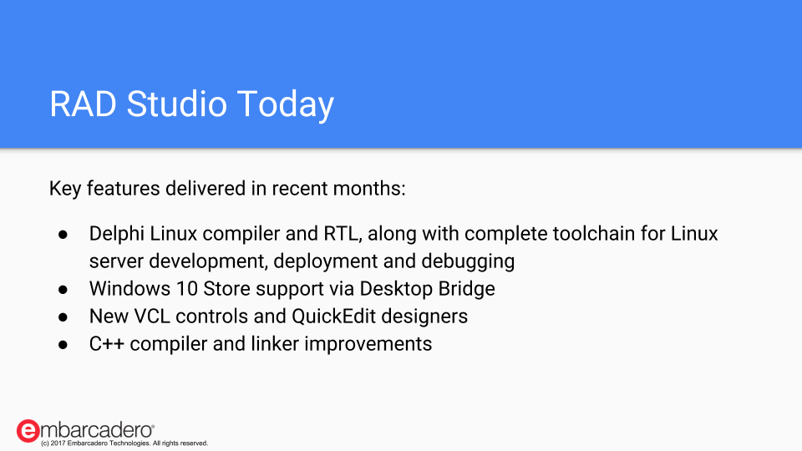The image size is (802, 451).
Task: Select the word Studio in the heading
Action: click(x=177, y=104)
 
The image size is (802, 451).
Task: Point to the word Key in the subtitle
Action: click(x=65, y=189)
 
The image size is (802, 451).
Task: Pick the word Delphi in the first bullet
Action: click(x=117, y=234)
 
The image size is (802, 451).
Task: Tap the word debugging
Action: click(x=468, y=261)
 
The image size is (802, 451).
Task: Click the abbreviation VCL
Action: click(x=152, y=317)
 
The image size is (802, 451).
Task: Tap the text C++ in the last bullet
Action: click(x=107, y=344)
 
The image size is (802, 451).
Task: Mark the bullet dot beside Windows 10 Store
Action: click(x=63, y=290)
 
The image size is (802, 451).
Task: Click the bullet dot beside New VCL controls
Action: click(x=63, y=317)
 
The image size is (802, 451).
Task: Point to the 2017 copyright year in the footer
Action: click(x=58, y=443)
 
